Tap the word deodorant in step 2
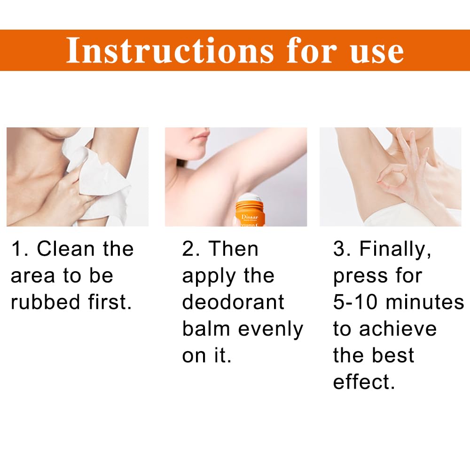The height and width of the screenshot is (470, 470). tap(233, 302)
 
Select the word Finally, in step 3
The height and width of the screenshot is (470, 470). tap(395, 249)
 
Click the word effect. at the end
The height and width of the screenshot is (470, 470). tap(363, 382)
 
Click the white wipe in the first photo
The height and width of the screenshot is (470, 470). tap(101, 179)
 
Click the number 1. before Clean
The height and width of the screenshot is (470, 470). tap(20, 249)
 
